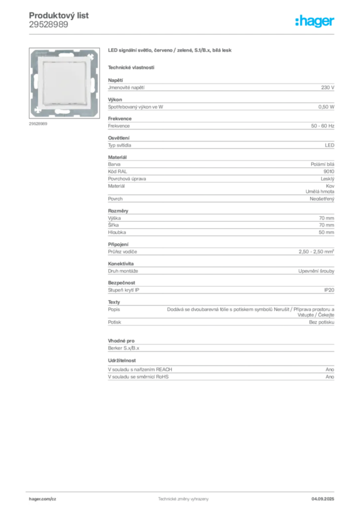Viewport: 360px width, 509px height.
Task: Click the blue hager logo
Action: coord(316,21)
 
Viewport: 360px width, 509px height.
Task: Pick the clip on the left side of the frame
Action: coord(34,81)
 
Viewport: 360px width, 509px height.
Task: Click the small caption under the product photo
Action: coord(38,123)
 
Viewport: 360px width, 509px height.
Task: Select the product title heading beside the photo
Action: coord(170,51)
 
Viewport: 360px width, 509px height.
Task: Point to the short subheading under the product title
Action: coord(131,67)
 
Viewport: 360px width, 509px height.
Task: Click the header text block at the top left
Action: coord(60,20)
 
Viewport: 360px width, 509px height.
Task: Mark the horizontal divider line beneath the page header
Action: coord(183,33)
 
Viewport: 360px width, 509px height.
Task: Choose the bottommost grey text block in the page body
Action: coord(220,371)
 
